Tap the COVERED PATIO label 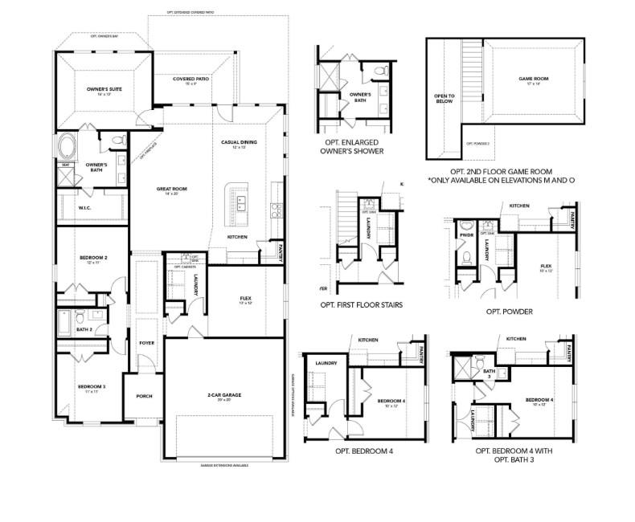(191, 80)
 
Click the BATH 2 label (84, 329)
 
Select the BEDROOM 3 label (92, 389)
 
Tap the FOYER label (146, 343)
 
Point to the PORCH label (144, 396)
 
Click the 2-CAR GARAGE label (224, 396)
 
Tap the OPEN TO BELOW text (444, 99)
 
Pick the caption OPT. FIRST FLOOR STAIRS (361, 305)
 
